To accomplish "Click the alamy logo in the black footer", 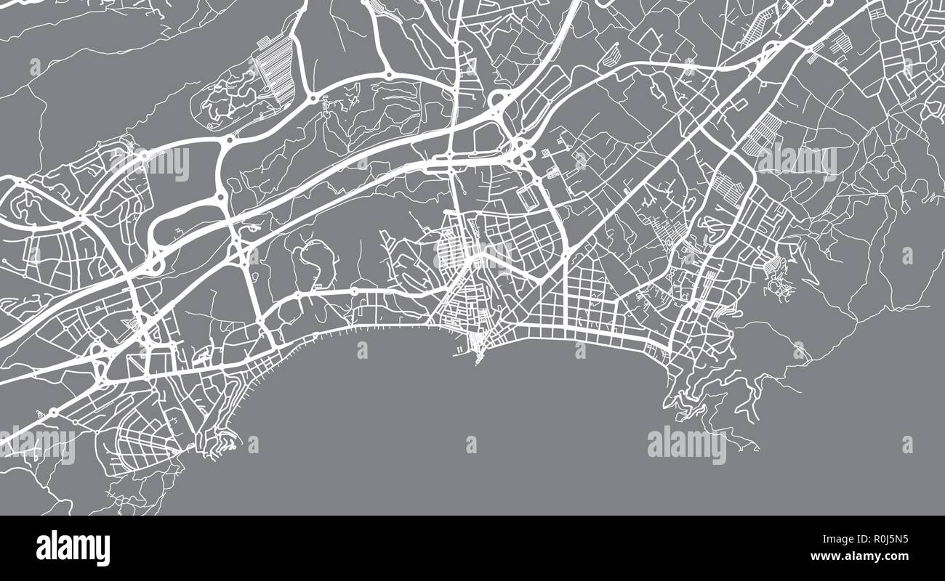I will tap(73, 548).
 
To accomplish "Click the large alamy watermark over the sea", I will tap(686, 444).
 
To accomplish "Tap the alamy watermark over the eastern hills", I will tap(797, 161).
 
